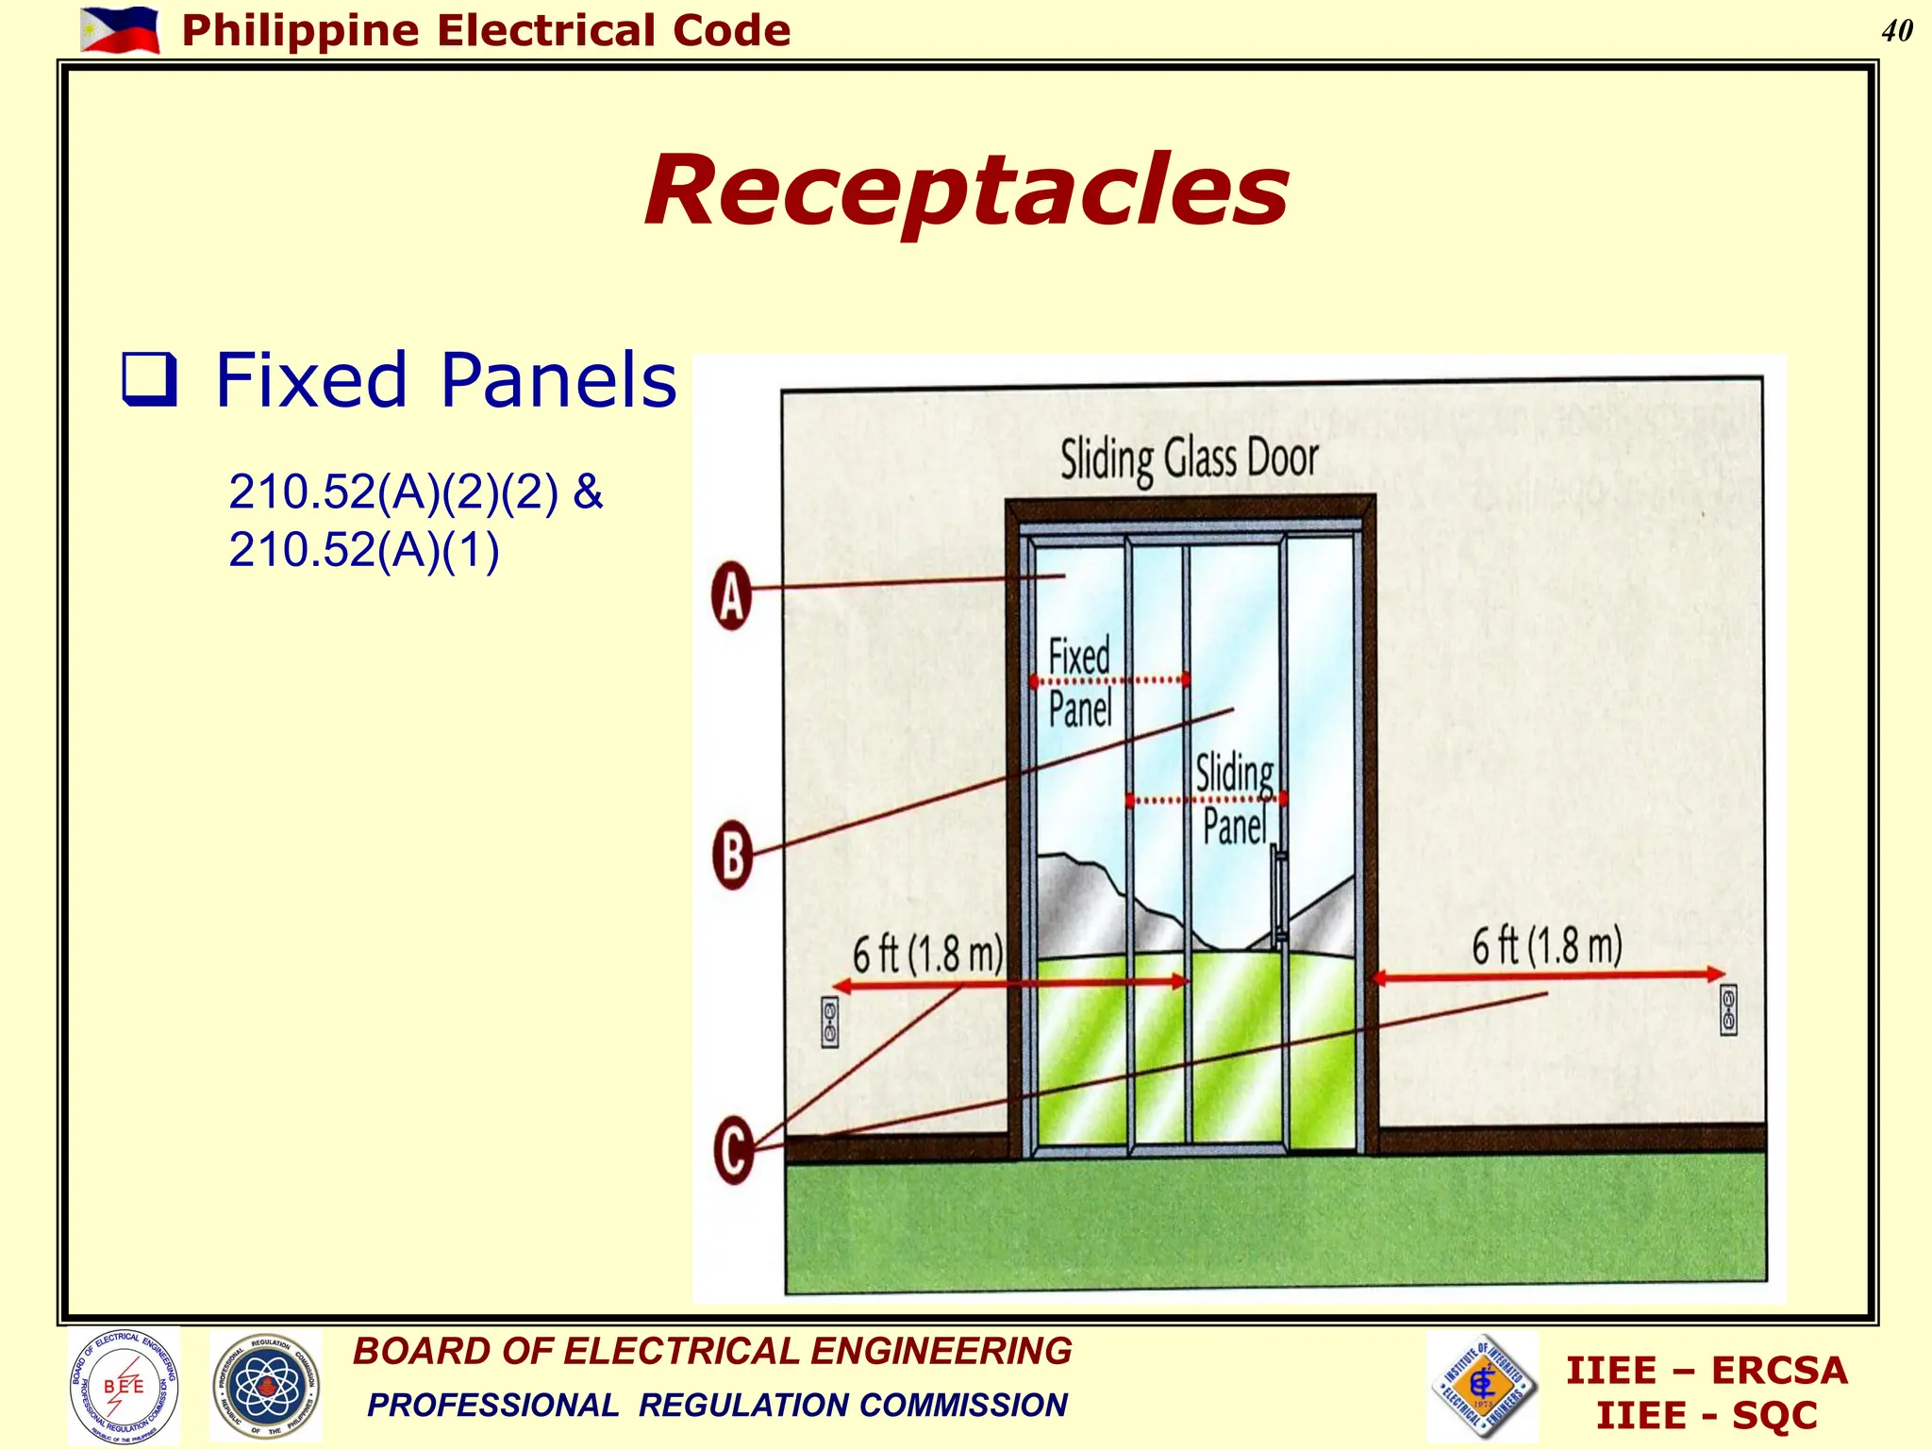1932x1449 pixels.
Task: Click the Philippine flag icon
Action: (x=120, y=30)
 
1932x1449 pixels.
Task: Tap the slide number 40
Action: (x=1896, y=31)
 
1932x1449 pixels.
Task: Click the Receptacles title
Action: (x=966, y=191)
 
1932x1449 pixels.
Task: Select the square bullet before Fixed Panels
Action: (x=149, y=379)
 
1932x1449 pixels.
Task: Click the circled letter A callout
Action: (x=732, y=595)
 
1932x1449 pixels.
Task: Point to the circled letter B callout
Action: (x=732, y=856)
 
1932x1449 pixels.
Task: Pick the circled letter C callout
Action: (x=734, y=1149)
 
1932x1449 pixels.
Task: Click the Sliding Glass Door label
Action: (x=1189, y=459)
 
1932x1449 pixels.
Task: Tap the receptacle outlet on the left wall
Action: (x=830, y=1023)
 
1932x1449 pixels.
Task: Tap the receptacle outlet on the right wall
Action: (x=1728, y=1009)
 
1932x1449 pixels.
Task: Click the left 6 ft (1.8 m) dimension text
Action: (x=927, y=955)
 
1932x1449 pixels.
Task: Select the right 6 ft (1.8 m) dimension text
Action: (x=1547, y=945)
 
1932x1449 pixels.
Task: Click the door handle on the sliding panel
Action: (x=1280, y=896)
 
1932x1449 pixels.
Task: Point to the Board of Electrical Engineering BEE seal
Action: (x=124, y=1385)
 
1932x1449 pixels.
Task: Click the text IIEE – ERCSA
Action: (x=1707, y=1371)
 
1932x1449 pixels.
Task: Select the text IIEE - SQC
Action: (x=1707, y=1416)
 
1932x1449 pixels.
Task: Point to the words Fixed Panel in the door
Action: (x=1080, y=682)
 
